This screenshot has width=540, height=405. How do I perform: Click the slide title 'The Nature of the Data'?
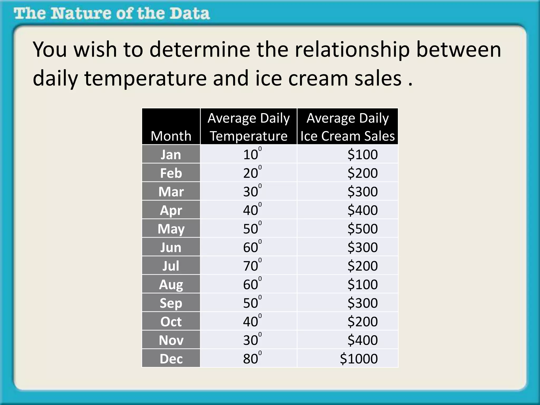pyautogui.click(x=112, y=14)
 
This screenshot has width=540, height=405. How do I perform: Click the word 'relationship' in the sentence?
pyautogui.click(x=352, y=50)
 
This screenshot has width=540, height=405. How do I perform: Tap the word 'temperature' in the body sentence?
pyautogui.click(x=146, y=78)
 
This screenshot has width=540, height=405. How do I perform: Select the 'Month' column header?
pyautogui.click(x=171, y=136)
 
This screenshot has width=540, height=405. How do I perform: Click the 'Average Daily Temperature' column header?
pyautogui.click(x=248, y=127)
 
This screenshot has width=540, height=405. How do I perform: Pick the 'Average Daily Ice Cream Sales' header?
pyautogui.click(x=348, y=127)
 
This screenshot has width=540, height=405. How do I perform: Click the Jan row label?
pyautogui.click(x=171, y=155)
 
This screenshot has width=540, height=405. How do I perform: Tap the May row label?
pyautogui.click(x=171, y=229)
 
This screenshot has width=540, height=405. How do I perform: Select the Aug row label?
pyautogui.click(x=171, y=285)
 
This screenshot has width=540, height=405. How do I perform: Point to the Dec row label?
pyautogui.click(x=171, y=359)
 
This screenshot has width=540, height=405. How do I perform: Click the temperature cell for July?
pyautogui.click(x=252, y=266)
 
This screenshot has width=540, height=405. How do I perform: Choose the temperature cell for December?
pyautogui.click(x=252, y=359)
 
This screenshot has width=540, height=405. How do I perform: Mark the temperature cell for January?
pyautogui.click(x=252, y=155)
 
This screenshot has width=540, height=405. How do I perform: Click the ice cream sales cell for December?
pyautogui.click(x=359, y=359)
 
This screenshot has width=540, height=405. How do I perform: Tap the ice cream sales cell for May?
pyautogui.click(x=362, y=229)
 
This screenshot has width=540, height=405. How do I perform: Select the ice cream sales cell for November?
pyautogui.click(x=362, y=340)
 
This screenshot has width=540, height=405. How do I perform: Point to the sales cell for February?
pyautogui.click(x=362, y=173)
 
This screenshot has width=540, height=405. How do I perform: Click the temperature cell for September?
pyautogui.click(x=252, y=303)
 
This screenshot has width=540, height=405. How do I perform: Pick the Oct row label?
pyautogui.click(x=171, y=322)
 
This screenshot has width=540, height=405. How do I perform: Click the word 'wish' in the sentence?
pyautogui.click(x=95, y=50)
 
